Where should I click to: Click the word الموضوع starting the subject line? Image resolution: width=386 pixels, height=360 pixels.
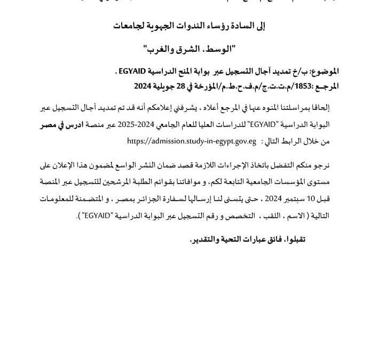[x=324, y=71]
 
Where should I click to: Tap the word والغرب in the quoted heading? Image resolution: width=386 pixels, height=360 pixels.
[x=160, y=49]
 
